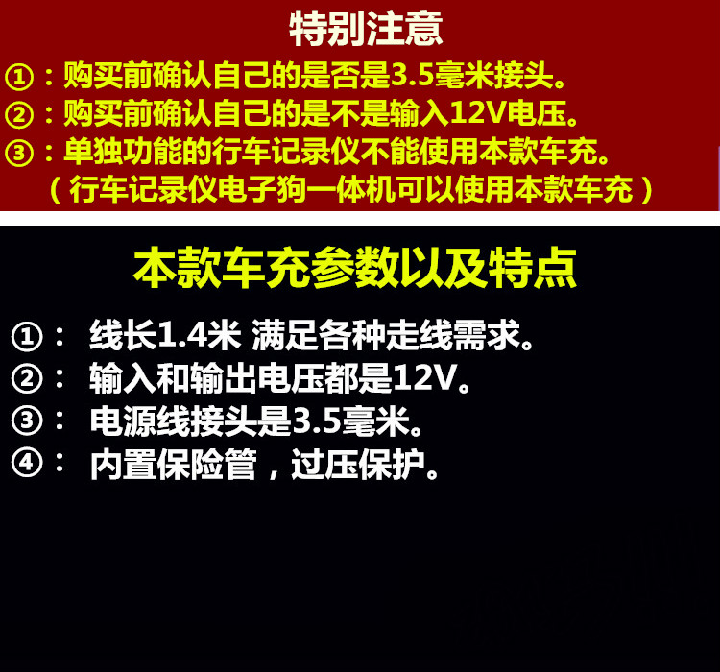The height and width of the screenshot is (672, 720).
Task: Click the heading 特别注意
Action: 366,29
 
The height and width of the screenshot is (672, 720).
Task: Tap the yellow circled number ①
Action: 19,77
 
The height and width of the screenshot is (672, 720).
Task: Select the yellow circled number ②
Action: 19,115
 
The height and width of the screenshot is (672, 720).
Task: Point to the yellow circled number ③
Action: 19,153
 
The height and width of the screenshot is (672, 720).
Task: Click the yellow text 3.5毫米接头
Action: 472,75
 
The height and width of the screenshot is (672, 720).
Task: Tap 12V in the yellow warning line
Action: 477,113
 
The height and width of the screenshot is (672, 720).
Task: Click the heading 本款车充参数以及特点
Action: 355,267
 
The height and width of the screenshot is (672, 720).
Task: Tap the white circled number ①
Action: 27,337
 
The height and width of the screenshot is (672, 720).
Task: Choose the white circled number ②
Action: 27,378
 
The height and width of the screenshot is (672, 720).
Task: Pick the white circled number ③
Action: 27,420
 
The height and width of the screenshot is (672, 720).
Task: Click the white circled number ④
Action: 27,462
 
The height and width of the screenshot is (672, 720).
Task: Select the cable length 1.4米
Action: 199,334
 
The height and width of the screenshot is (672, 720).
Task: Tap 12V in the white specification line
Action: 424,376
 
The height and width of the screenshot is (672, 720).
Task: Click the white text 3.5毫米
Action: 350,420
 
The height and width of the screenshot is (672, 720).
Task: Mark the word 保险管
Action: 206,465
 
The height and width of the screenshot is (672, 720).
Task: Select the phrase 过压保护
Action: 358,465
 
